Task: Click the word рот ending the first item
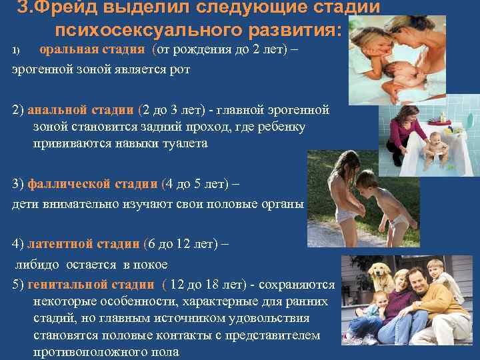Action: pos(180,69)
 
